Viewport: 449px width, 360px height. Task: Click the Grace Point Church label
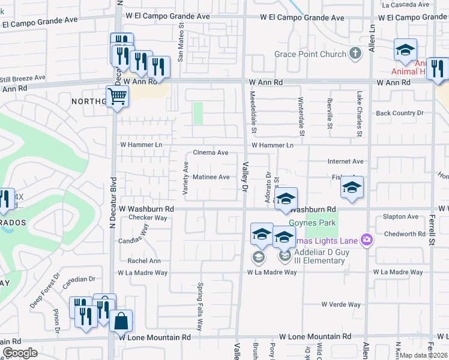(310, 55)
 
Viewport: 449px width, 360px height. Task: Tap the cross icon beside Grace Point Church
(355, 54)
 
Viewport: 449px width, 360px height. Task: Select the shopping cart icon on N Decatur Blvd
(117, 95)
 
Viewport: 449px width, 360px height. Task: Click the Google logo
(20, 353)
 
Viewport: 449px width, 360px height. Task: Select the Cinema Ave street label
(211, 153)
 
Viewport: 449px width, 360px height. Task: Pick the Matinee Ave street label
(211, 177)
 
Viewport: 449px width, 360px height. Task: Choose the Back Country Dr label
(399, 113)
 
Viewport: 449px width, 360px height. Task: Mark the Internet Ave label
(345, 162)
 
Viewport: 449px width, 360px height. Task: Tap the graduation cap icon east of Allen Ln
(405, 50)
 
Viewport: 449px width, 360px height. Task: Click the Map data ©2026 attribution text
(424, 355)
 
